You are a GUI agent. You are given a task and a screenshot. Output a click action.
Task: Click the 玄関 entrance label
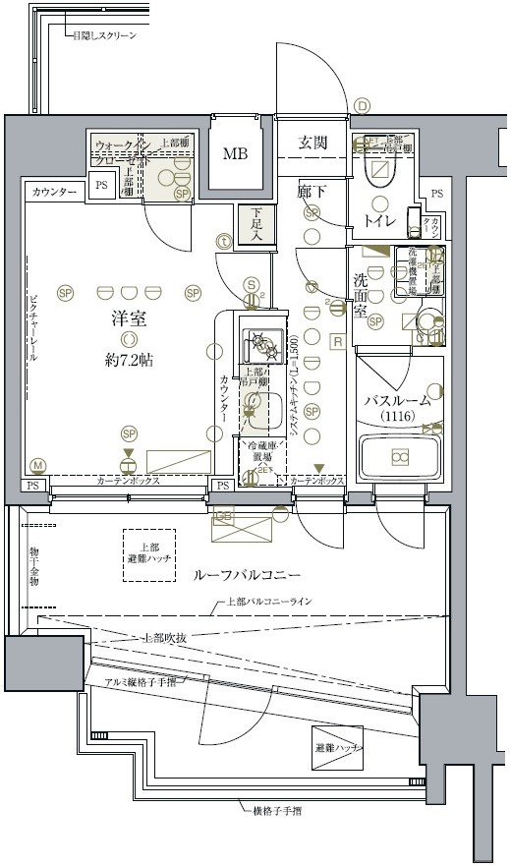pos(312,144)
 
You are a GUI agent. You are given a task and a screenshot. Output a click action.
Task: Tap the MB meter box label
pos(235,153)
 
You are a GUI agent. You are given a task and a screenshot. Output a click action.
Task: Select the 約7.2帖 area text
pos(130,362)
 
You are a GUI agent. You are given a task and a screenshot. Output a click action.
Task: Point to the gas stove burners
pos(262,344)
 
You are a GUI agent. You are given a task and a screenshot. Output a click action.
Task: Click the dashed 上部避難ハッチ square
pos(148,552)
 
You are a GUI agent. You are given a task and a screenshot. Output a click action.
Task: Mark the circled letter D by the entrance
pos(362,106)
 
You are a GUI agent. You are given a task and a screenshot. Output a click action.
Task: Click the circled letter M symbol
pos(38,465)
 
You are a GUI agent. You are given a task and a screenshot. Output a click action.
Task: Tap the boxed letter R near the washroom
pos(337,342)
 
